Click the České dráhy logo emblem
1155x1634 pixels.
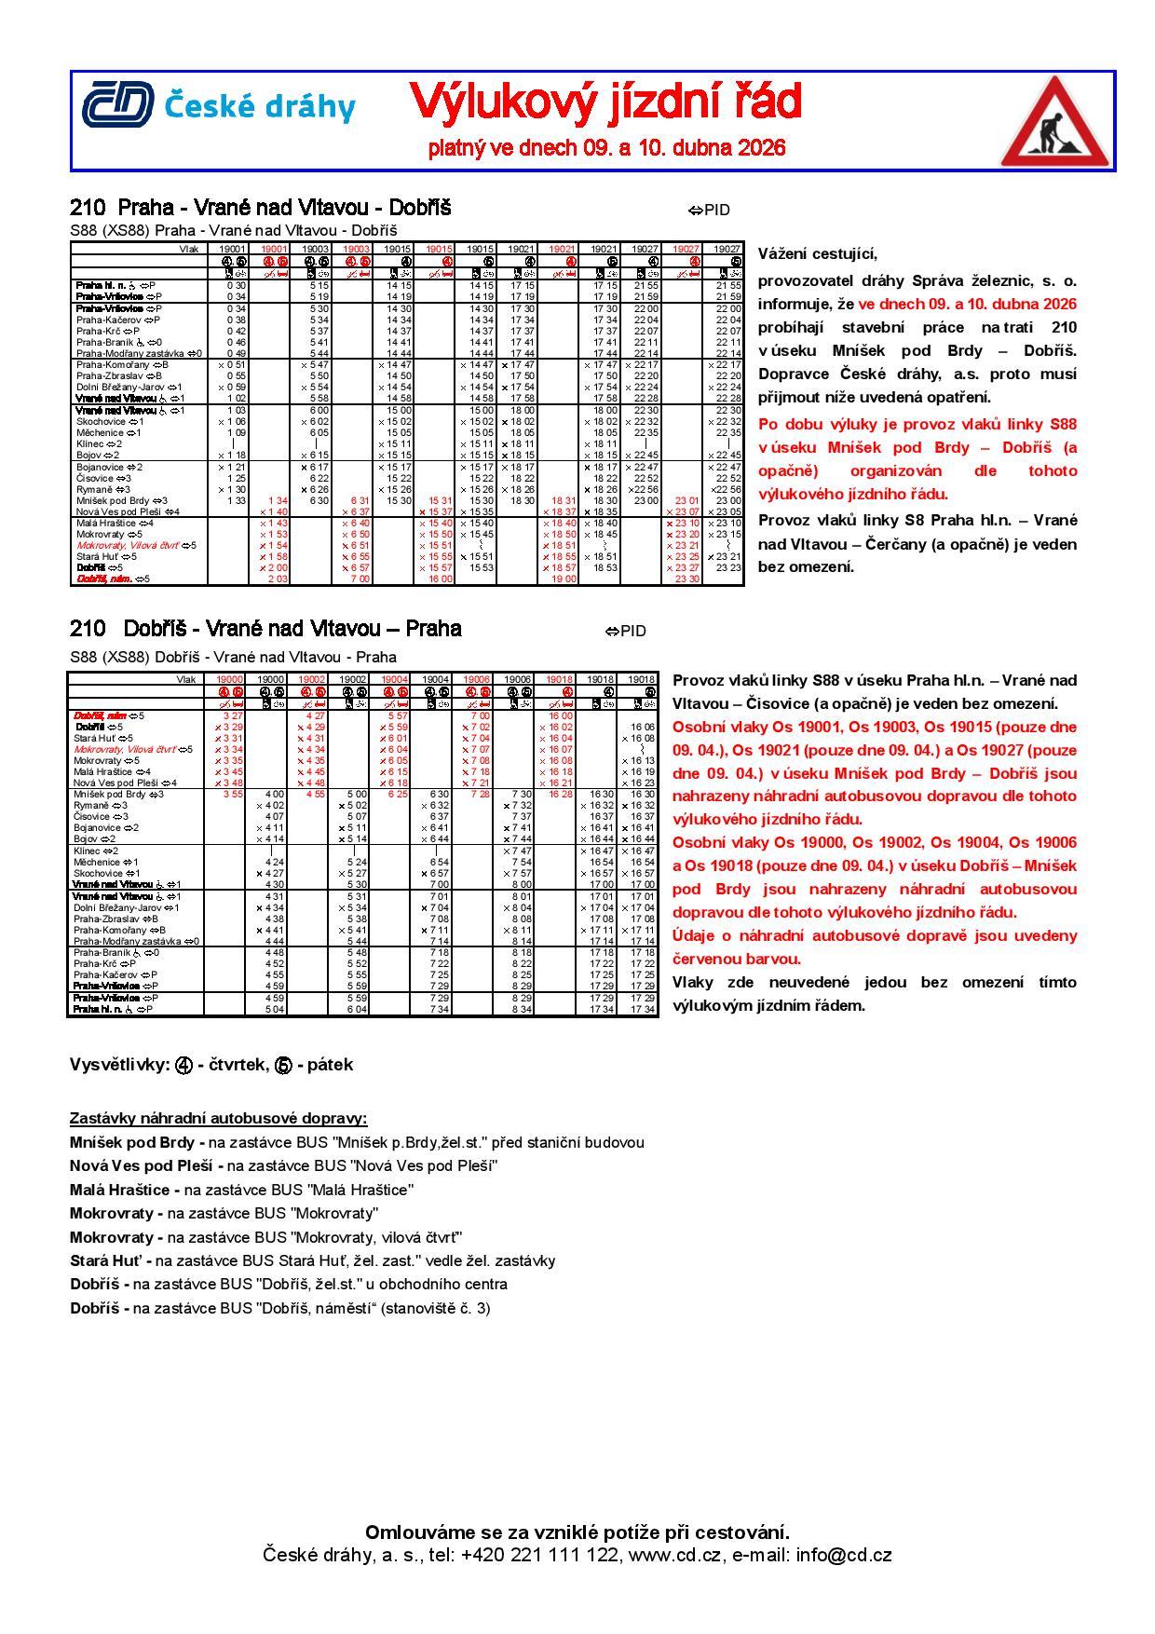click(117, 104)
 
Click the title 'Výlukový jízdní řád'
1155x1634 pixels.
click(605, 102)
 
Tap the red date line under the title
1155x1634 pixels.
click(606, 147)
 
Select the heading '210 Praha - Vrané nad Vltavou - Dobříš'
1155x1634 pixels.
click(260, 207)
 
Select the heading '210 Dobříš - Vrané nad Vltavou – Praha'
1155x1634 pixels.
click(265, 629)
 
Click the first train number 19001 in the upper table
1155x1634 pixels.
click(232, 250)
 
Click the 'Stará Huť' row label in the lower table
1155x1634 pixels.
click(92, 738)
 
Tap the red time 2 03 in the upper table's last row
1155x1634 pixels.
click(277, 579)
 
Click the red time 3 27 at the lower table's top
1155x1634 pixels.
click(232, 715)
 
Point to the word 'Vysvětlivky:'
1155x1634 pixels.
click(119, 1065)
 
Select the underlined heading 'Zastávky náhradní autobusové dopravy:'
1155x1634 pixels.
click(218, 1118)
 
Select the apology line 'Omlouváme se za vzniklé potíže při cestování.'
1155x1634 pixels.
click(577, 1532)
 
